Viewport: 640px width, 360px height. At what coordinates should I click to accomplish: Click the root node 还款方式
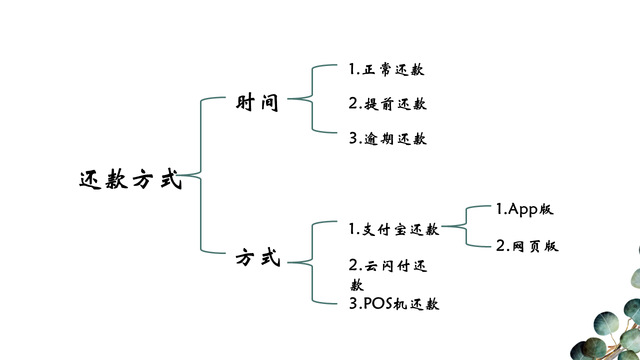(x=130, y=179)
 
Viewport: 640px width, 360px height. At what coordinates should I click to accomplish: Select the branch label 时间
(x=257, y=102)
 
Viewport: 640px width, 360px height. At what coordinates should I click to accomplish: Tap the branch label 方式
(x=258, y=258)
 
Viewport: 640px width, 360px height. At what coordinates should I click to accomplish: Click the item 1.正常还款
(x=386, y=69)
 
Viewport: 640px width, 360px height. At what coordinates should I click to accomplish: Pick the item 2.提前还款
(x=387, y=104)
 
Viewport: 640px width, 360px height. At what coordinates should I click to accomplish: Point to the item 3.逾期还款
(x=387, y=139)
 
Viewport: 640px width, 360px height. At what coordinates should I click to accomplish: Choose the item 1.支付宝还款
(x=394, y=229)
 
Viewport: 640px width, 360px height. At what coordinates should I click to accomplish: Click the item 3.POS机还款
(x=394, y=304)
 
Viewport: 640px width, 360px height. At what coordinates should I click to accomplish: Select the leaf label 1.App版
(x=524, y=209)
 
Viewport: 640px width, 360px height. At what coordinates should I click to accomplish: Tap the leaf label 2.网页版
(x=527, y=246)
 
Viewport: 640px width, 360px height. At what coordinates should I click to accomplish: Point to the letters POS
(x=378, y=304)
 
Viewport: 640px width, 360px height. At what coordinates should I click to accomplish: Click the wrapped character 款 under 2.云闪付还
(x=357, y=284)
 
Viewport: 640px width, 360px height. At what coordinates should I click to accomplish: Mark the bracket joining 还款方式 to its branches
(x=201, y=176)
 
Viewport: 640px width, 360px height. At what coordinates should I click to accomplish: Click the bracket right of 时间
(x=313, y=98)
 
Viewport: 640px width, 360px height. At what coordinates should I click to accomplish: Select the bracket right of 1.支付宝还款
(x=466, y=226)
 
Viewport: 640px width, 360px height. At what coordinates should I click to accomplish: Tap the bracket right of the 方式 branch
(x=313, y=262)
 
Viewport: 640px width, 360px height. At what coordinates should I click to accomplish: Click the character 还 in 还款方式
(x=90, y=180)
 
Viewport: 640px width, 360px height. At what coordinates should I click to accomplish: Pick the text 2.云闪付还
(x=387, y=266)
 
